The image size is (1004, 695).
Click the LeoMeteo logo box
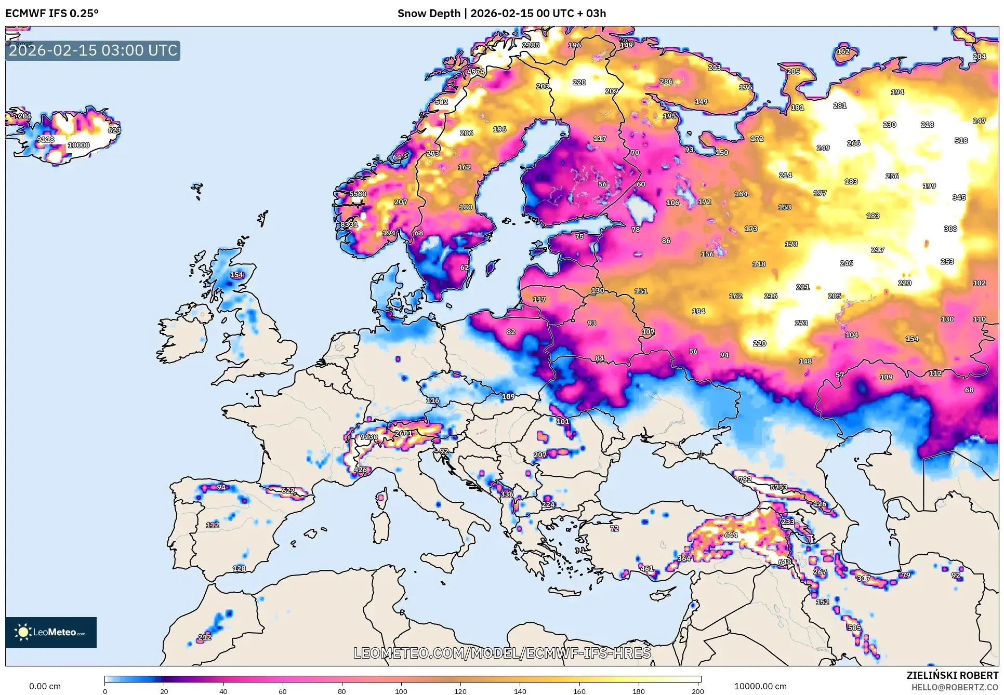point(51,632)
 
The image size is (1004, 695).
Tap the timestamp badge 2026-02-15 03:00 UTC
point(93,50)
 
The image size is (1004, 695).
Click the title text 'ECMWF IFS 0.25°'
point(52,14)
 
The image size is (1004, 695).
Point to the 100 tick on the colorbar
point(401,690)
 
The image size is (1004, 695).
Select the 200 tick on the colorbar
point(698,690)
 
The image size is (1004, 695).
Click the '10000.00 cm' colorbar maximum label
point(760,686)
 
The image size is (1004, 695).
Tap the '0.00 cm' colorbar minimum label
point(45,686)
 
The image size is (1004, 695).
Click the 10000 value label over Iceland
point(78,145)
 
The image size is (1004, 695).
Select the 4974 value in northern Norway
point(475,72)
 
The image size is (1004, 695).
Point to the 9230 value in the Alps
point(369,437)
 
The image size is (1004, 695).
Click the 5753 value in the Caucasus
point(778,487)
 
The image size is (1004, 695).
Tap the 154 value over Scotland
point(236,275)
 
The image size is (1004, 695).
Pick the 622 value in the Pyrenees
point(288,491)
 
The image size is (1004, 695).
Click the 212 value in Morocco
point(205,637)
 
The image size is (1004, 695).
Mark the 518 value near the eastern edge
point(961,140)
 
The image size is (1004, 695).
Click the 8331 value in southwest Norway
point(349,224)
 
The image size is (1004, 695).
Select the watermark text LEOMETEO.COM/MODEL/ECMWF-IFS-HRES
point(502,653)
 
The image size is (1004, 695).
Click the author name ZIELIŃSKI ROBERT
point(952,675)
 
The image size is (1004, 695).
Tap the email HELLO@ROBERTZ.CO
point(955,687)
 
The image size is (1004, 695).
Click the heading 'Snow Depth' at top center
point(428,14)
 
